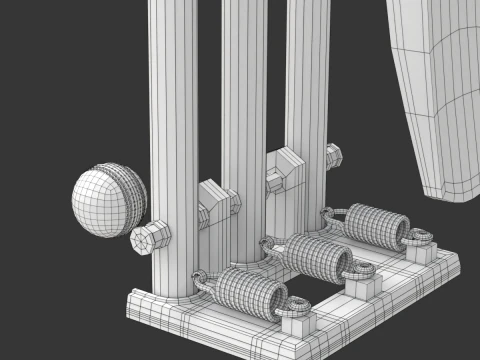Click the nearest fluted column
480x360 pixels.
[x=176, y=150]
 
